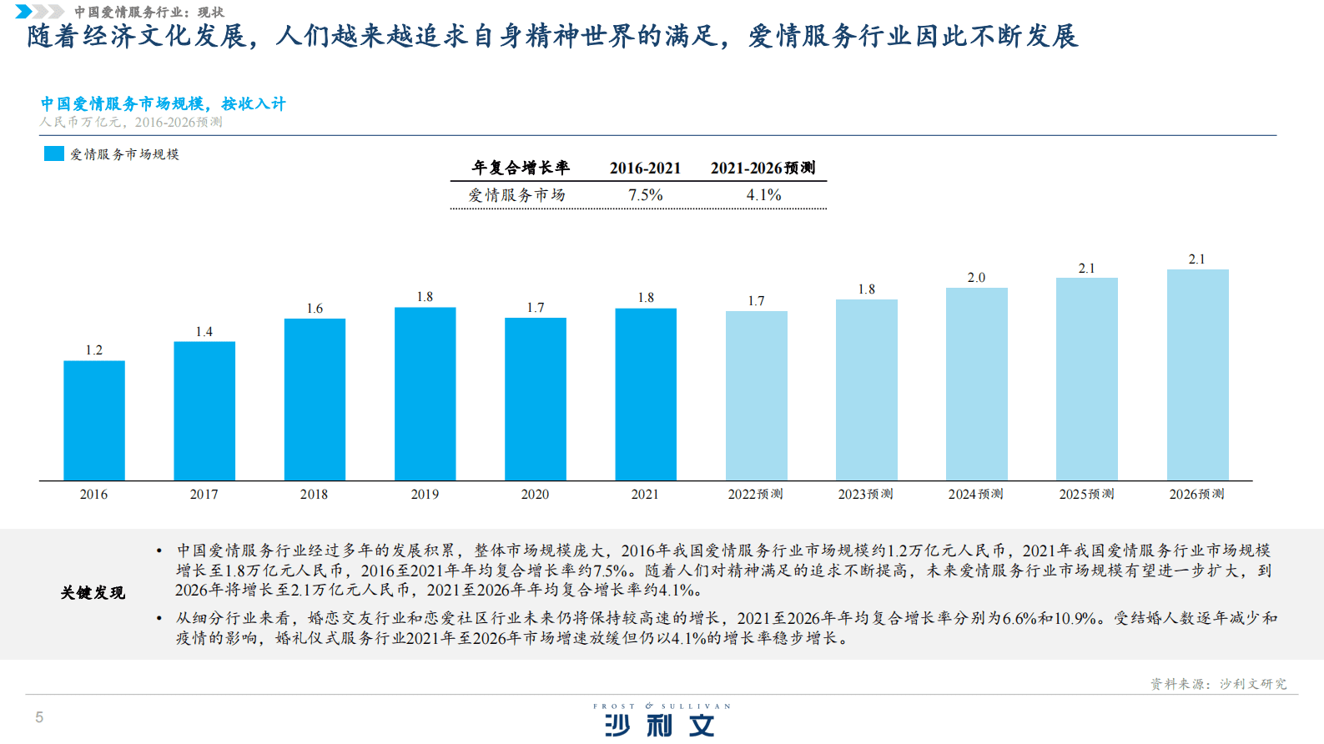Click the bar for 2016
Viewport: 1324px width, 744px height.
click(94, 420)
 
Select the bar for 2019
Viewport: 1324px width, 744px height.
click(425, 394)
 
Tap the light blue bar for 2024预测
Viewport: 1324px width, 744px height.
click(976, 384)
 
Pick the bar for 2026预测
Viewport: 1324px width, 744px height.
click(1197, 375)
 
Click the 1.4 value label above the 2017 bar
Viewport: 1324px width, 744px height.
click(204, 332)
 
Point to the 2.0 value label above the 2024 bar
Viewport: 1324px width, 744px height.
click(976, 278)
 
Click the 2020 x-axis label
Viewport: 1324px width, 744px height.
click(535, 495)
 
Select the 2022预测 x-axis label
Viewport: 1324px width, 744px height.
click(755, 495)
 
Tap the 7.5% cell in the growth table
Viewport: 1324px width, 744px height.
click(645, 195)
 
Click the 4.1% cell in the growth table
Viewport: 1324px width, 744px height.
click(763, 195)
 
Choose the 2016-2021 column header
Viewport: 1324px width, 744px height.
click(645, 168)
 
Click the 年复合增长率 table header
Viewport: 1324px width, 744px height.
click(521, 168)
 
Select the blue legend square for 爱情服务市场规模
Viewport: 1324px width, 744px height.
click(54, 153)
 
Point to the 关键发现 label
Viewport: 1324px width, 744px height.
click(93, 593)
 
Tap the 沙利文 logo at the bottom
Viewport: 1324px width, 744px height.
click(661, 722)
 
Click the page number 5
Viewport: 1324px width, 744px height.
click(39, 717)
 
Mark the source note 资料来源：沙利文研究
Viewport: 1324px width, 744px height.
click(1218, 684)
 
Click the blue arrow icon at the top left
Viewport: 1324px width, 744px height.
click(25, 12)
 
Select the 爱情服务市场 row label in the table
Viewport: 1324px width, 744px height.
click(516, 195)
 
